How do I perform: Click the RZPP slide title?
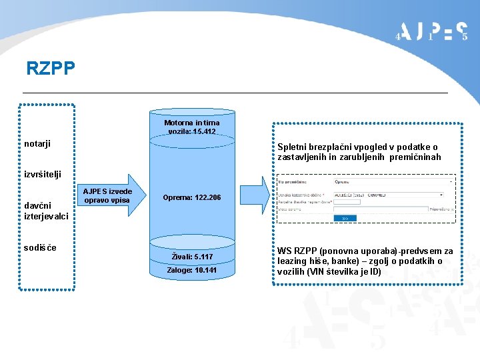coord(51,68)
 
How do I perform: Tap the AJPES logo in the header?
coord(432,31)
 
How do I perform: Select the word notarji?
coord(37,143)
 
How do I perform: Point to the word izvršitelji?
coord(43,174)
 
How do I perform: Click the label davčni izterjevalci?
coord(45,211)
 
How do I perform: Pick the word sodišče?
coord(40,248)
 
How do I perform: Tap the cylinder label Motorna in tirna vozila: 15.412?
coord(192,127)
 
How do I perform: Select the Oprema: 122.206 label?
coord(191,198)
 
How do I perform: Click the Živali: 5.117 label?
coord(192,257)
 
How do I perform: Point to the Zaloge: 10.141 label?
coord(192,270)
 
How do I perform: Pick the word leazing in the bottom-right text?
coord(295,261)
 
